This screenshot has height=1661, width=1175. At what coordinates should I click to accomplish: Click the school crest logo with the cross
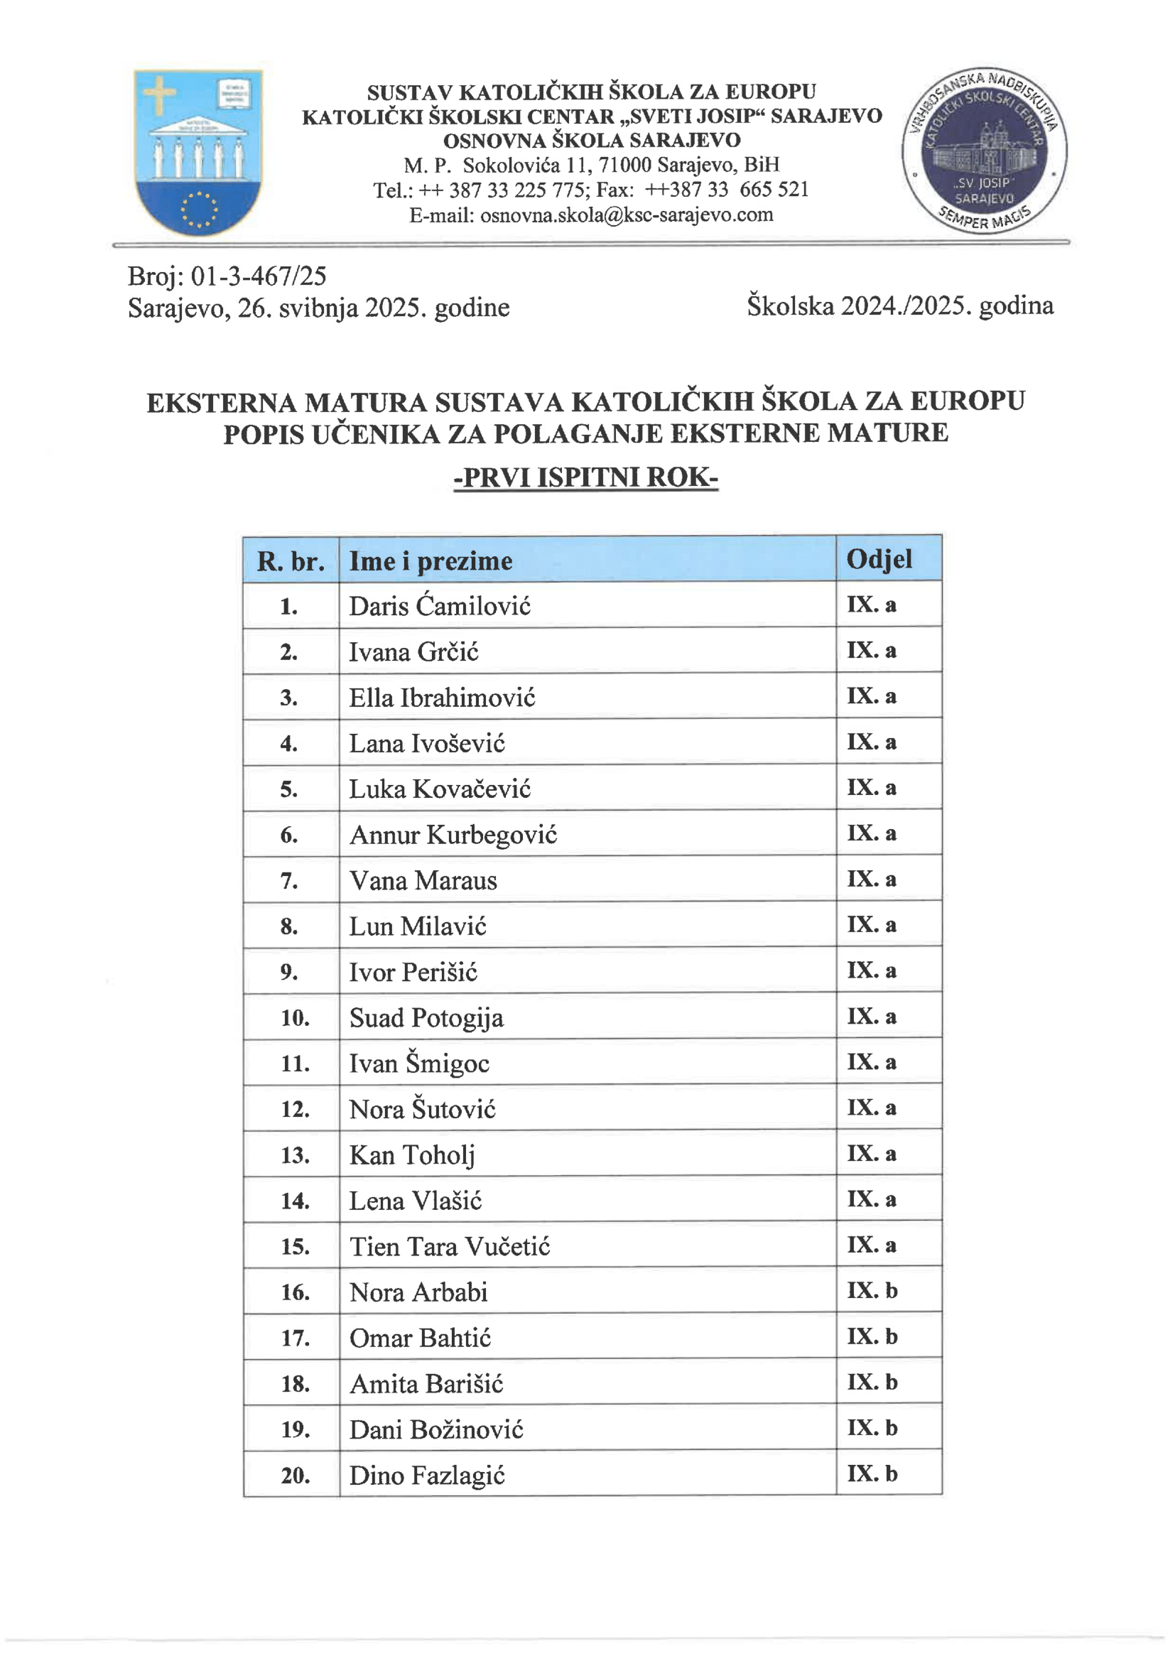coord(198,152)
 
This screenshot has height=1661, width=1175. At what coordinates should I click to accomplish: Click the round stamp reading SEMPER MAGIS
coord(984,151)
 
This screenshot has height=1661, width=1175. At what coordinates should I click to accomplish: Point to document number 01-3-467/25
coord(258,276)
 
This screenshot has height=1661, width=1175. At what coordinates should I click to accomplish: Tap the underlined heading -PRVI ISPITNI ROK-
coord(585,477)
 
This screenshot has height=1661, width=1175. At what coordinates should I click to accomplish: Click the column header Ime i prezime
coord(431,561)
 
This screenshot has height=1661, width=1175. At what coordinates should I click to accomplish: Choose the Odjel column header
coord(879,559)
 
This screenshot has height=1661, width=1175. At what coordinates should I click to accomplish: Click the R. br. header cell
coord(290,561)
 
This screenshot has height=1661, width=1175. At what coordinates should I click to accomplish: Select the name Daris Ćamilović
coord(439,606)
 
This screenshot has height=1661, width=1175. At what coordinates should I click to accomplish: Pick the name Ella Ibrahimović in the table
coord(442,698)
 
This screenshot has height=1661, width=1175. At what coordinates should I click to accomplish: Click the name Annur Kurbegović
coord(453,835)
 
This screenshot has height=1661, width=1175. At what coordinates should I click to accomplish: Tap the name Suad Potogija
coord(426,1018)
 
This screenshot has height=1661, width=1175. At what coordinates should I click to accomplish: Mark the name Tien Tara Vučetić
coord(449,1247)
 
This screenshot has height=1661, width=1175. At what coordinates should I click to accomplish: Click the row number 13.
coord(296,1155)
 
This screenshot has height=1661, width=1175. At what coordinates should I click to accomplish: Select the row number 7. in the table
coord(288,881)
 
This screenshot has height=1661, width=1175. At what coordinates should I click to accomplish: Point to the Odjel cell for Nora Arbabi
coord(872,1291)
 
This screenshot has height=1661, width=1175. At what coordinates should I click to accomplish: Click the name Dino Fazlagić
coord(427,1475)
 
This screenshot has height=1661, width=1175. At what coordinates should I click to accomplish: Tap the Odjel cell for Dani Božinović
coord(872,1427)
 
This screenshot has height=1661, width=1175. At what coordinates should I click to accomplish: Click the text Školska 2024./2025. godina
coord(900,306)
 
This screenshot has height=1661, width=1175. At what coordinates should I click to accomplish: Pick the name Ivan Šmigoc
coord(419,1064)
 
